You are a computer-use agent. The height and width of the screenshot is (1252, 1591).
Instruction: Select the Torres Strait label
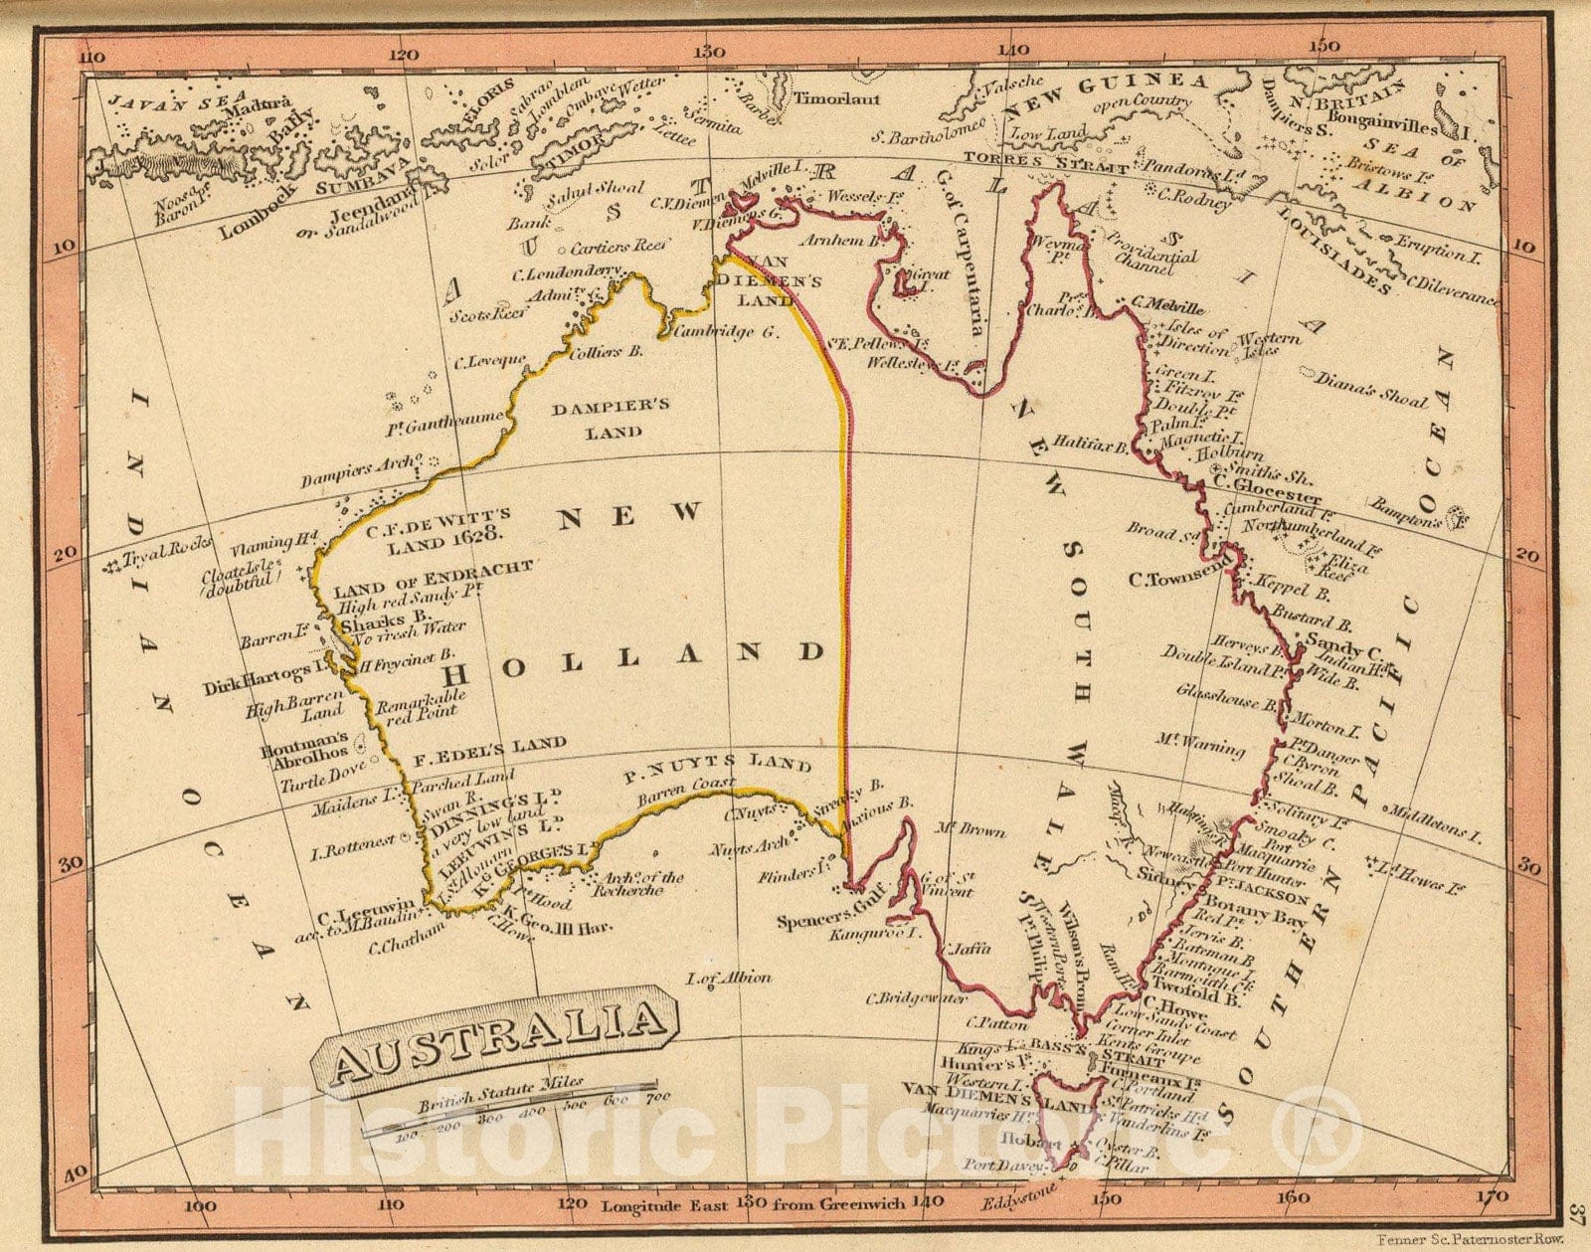tap(1047, 162)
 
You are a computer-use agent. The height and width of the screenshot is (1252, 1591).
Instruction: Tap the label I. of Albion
tap(729, 978)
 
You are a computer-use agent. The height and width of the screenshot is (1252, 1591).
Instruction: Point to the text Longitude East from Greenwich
tap(753, 1204)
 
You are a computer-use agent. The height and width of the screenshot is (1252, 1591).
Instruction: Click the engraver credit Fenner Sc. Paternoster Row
tap(1472, 1239)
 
